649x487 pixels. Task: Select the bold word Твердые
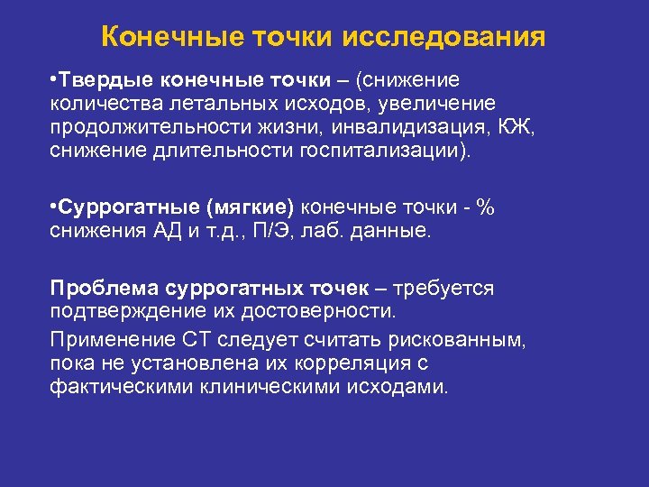click(x=100, y=82)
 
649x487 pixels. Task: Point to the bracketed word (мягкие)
click(x=251, y=207)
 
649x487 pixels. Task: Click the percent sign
click(x=485, y=207)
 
